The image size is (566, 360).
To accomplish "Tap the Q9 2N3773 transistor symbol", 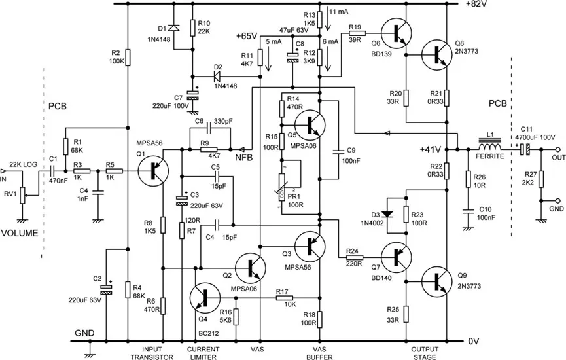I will point(434,281).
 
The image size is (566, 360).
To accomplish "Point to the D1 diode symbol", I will point(174,28).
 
